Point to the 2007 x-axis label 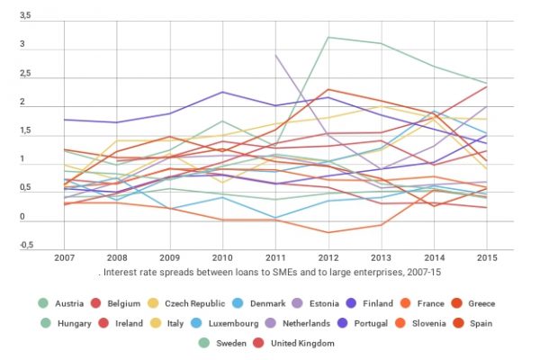[x=64, y=258]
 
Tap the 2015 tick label [x=485, y=258]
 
